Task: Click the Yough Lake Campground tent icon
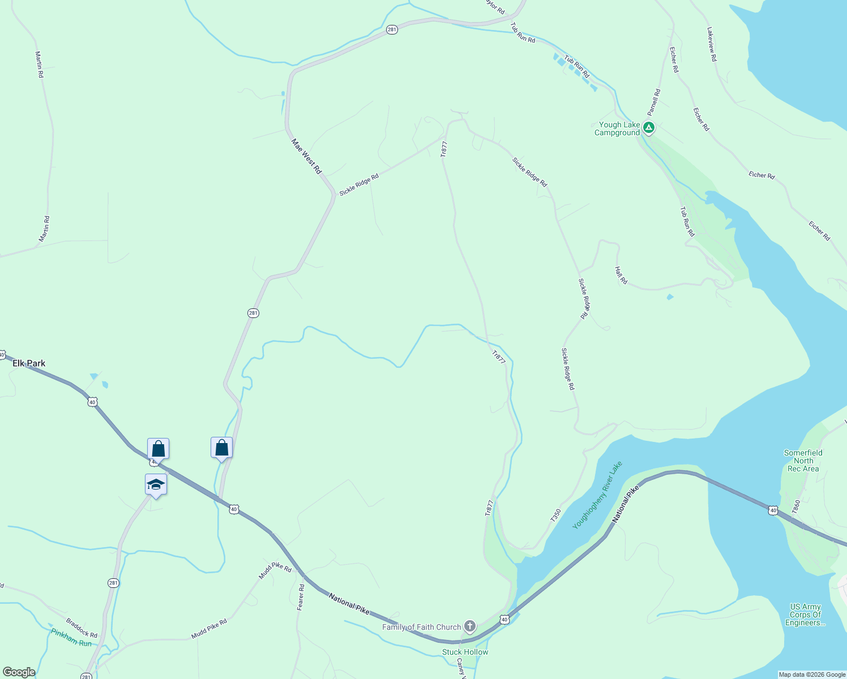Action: pyautogui.click(x=649, y=128)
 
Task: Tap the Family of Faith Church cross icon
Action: pyautogui.click(x=469, y=626)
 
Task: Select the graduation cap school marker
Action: pyautogui.click(x=156, y=485)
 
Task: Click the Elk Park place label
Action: pyautogui.click(x=29, y=363)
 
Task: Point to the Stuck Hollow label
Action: pyautogui.click(x=465, y=652)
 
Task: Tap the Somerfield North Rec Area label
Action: pyautogui.click(x=803, y=461)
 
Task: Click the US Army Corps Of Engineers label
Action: pyautogui.click(x=805, y=614)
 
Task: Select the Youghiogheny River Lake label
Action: pyautogui.click(x=597, y=495)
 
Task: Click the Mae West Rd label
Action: pyautogui.click(x=306, y=156)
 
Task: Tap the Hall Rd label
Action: pyautogui.click(x=621, y=276)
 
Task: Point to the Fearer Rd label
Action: pyautogui.click(x=301, y=597)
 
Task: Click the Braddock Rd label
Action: pyautogui.click(x=82, y=628)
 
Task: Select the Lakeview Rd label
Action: pyautogui.click(x=712, y=44)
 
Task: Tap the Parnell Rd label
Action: pyautogui.click(x=654, y=102)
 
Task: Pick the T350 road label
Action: pyautogui.click(x=555, y=515)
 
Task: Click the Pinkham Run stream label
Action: pyautogui.click(x=71, y=638)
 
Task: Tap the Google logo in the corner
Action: pyautogui.click(x=19, y=672)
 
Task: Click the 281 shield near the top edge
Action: pyautogui.click(x=392, y=29)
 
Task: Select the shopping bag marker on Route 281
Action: pyautogui.click(x=221, y=448)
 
